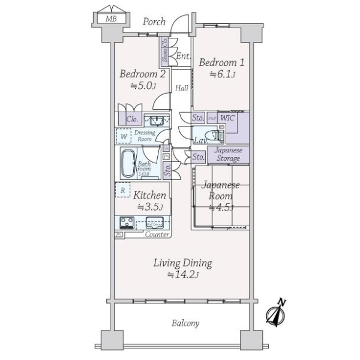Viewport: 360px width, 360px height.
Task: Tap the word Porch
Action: click(x=154, y=22)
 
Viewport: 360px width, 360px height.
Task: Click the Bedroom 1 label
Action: click(x=214, y=62)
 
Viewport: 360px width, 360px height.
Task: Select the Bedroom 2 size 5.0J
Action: click(x=143, y=86)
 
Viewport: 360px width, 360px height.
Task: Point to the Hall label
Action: click(x=182, y=88)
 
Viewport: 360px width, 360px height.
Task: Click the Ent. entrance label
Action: click(x=183, y=56)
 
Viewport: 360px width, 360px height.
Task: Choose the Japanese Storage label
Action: click(x=228, y=155)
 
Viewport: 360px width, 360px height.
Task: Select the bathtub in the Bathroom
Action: click(x=128, y=163)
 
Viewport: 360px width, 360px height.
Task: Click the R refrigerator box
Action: click(x=123, y=190)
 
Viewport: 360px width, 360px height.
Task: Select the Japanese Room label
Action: click(x=221, y=191)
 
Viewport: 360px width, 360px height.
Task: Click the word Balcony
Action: click(x=185, y=323)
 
